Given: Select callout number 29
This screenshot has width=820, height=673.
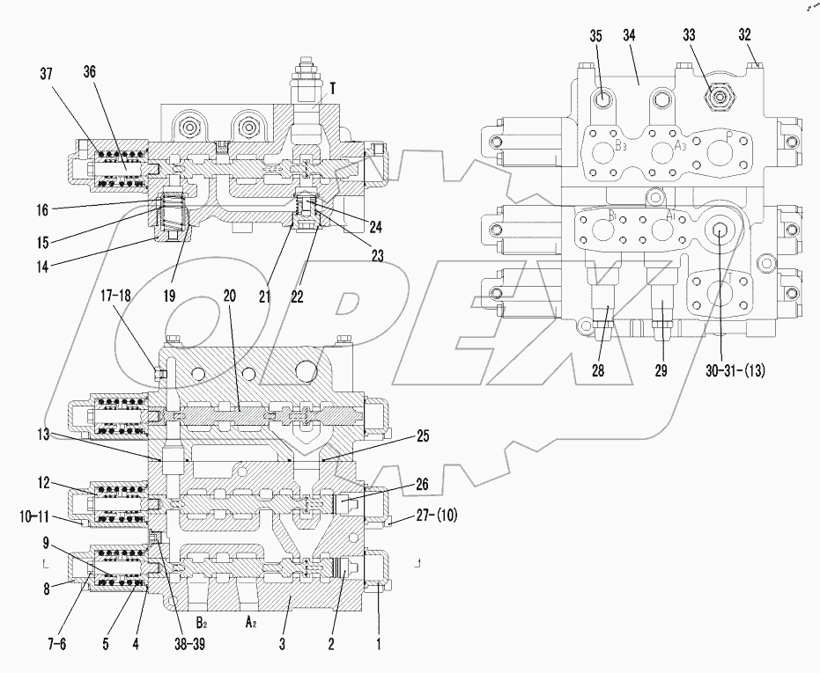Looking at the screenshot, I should (x=660, y=371).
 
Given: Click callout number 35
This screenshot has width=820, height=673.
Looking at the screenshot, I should (x=595, y=37).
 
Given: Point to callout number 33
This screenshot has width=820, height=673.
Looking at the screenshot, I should (x=688, y=37).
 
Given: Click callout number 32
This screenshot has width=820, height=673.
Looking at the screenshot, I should (x=744, y=37).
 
